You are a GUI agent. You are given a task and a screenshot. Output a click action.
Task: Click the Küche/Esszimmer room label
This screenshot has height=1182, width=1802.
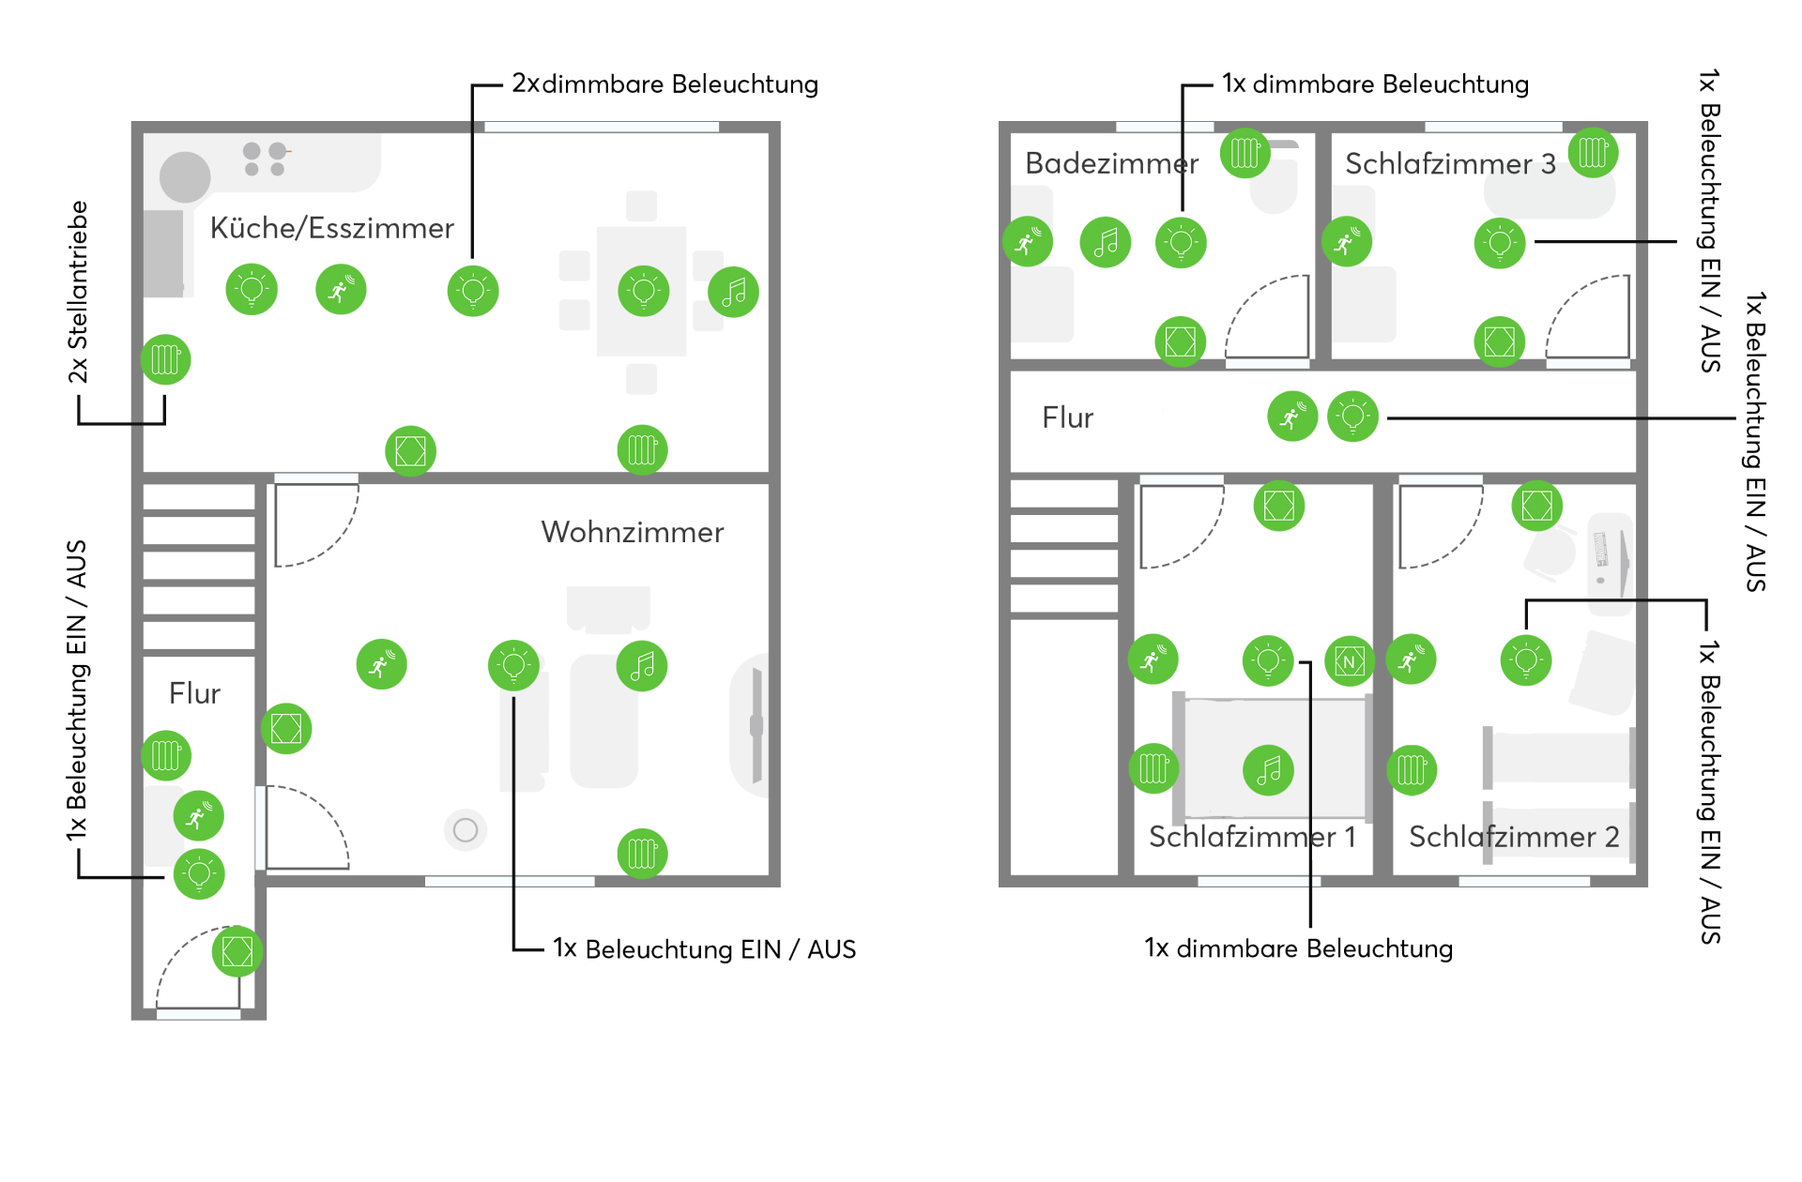(331, 228)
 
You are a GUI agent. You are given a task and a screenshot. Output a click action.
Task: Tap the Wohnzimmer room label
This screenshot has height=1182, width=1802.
(632, 532)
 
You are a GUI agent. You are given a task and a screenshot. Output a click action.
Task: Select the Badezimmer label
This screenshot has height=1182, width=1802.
(1111, 163)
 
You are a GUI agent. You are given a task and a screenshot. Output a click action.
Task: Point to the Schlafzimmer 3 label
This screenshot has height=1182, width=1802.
(1450, 164)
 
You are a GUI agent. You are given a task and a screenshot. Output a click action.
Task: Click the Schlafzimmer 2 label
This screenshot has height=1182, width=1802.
(1514, 836)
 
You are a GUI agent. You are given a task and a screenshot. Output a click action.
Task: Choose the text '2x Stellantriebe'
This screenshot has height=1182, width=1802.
(78, 292)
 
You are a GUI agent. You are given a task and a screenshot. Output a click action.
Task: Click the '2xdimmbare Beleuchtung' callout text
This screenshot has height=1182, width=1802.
(664, 84)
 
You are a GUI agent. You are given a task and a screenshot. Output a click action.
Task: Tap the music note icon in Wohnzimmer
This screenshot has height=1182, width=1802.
(642, 666)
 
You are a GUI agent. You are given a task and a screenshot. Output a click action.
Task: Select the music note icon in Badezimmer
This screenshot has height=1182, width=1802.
(1106, 243)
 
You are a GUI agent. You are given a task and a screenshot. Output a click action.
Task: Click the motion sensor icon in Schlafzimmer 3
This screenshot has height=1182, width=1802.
(1346, 242)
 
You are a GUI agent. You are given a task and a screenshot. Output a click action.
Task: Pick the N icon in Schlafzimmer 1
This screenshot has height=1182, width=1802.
(1350, 661)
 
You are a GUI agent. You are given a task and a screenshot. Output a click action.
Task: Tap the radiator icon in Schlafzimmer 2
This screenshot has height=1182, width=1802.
(1412, 769)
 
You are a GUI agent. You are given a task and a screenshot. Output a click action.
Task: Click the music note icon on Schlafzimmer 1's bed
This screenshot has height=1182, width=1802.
(1268, 770)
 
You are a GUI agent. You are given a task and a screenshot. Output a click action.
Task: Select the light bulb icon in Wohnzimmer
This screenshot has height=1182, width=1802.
(513, 665)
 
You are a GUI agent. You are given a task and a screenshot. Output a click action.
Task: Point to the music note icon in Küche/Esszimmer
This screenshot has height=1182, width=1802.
(733, 292)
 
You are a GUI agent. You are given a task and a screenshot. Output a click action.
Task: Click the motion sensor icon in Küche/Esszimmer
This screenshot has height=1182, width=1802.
(341, 289)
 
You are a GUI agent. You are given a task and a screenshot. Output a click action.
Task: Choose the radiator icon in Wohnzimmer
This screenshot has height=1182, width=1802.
(642, 853)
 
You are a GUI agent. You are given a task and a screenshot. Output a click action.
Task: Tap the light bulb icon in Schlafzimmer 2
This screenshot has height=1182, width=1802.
(1526, 660)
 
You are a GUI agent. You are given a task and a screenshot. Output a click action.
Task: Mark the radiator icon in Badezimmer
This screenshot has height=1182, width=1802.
(1245, 153)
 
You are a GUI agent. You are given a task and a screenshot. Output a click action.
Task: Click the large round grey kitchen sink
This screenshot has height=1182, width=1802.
(185, 176)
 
